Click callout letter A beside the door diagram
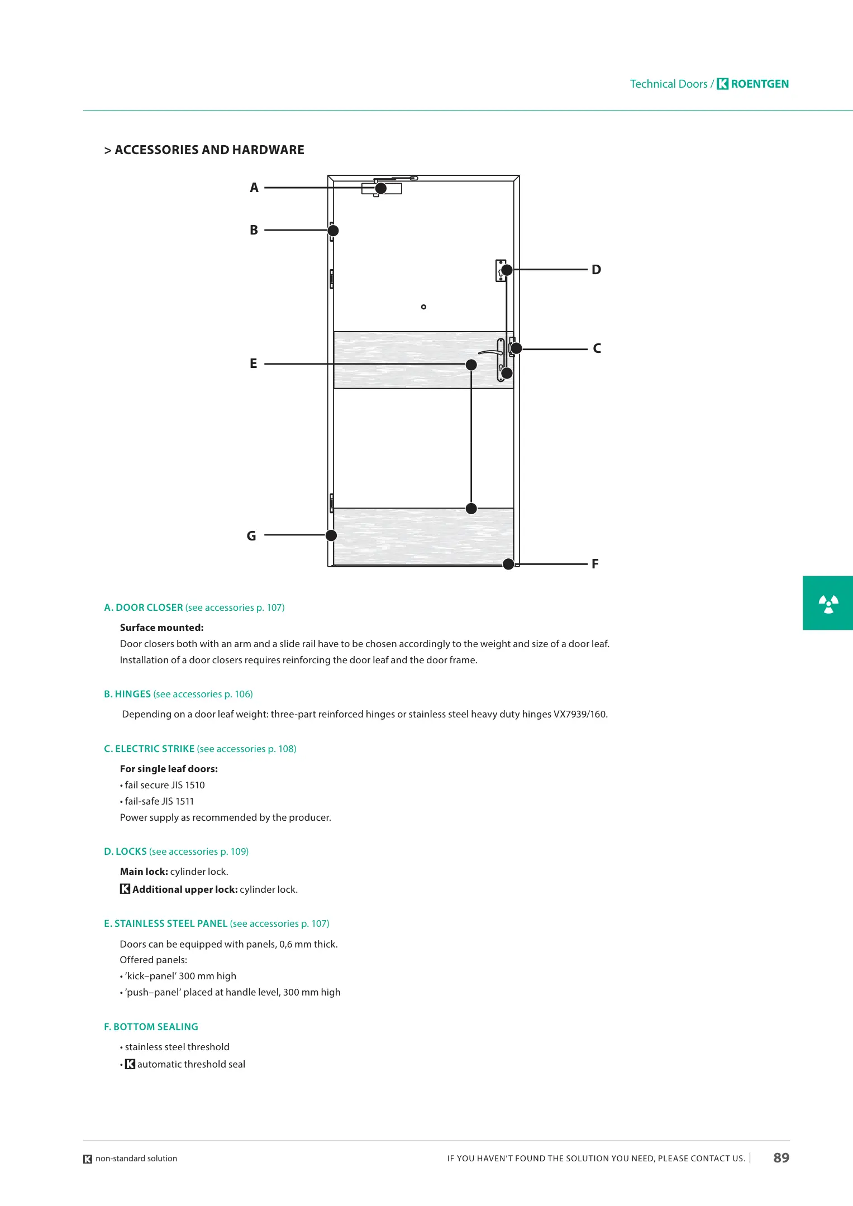254,188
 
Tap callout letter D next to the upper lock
596,270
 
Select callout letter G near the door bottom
251,536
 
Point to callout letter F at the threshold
595,564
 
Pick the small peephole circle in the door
423,307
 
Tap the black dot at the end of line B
333,231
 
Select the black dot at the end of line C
516,348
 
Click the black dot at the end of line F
508,564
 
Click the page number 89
781,1158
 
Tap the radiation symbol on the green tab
828,604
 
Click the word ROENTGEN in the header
760,84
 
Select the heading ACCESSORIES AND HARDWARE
209,150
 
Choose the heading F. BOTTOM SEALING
151,1027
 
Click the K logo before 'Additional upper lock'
125,889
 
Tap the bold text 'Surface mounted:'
161,628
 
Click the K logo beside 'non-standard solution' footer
88,1159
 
